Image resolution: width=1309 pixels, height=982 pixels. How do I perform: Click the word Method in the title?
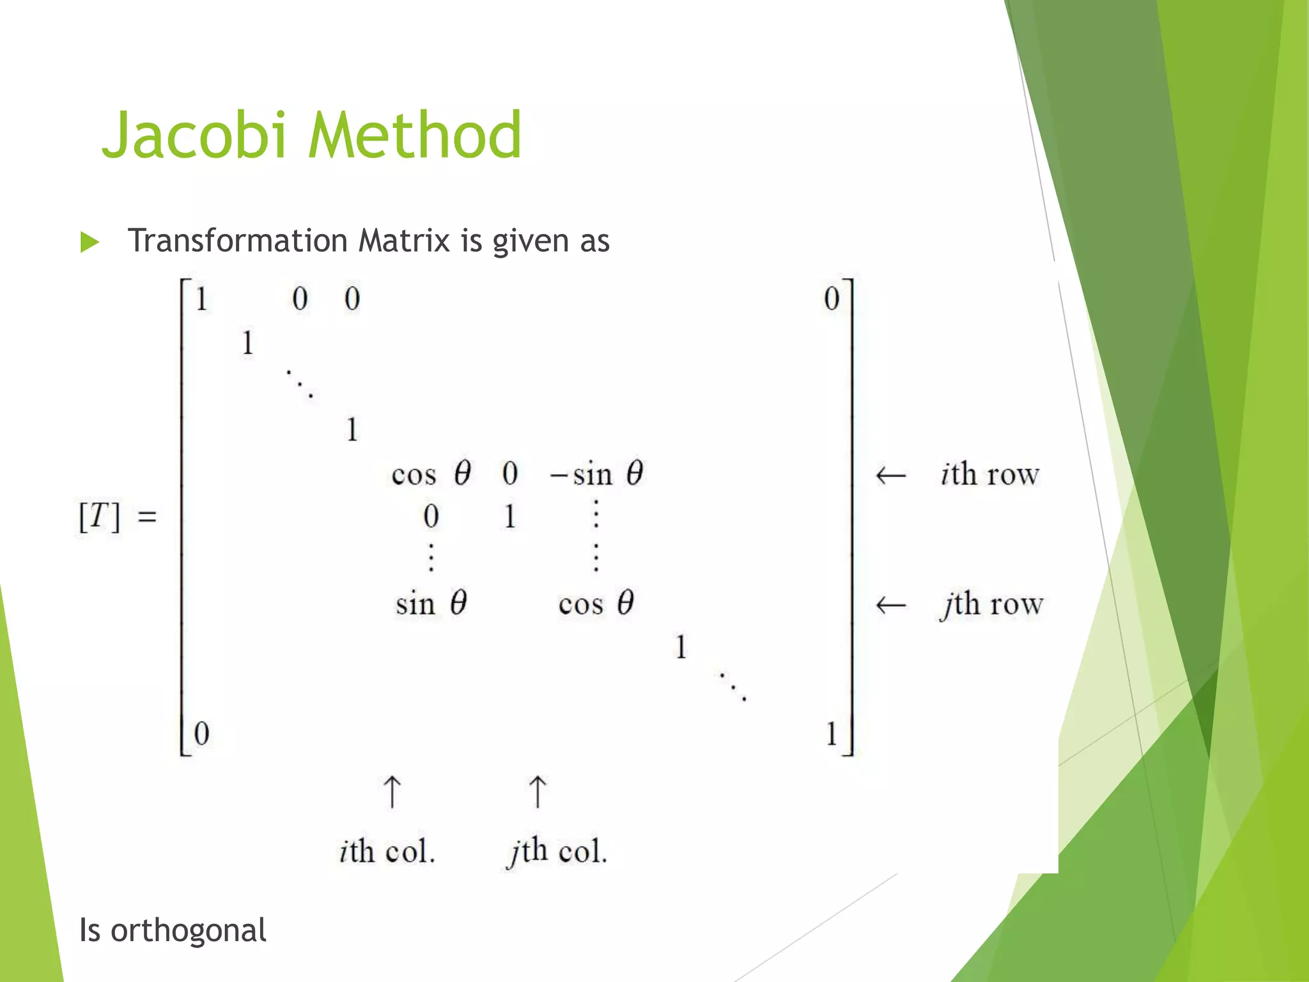pyautogui.click(x=415, y=136)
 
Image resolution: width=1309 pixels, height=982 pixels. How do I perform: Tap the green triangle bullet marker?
pyautogui.click(x=90, y=243)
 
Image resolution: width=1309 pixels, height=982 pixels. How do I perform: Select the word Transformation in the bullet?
pyautogui.click(x=237, y=241)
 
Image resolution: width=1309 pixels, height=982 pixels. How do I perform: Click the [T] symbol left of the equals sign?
pyautogui.click(x=99, y=517)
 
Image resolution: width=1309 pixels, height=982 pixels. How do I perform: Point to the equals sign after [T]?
pyautogui.click(x=147, y=517)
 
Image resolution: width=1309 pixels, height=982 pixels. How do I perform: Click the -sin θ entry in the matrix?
pyautogui.click(x=597, y=474)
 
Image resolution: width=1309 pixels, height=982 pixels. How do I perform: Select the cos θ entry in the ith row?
pyautogui.click(x=431, y=474)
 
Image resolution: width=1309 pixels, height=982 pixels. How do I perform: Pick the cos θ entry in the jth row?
pyautogui.click(x=596, y=604)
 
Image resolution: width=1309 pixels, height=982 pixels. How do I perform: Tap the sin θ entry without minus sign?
pyautogui.click(x=431, y=604)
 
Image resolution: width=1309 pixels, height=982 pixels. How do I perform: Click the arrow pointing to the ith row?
pyautogui.click(x=890, y=476)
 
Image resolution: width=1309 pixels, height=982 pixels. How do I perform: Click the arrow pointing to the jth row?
pyautogui.click(x=890, y=605)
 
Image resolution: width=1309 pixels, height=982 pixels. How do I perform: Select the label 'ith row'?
pyautogui.click(x=989, y=474)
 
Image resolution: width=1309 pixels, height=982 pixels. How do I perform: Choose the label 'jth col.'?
pyautogui.click(x=556, y=852)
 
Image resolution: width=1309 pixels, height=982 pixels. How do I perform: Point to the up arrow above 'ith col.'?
pyautogui.click(x=392, y=792)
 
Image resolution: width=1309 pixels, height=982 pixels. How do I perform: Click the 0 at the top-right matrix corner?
pyautogui.click(x=831, y=299)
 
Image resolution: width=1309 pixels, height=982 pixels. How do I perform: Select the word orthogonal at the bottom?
pyautogui.click(x=189, y=930)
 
